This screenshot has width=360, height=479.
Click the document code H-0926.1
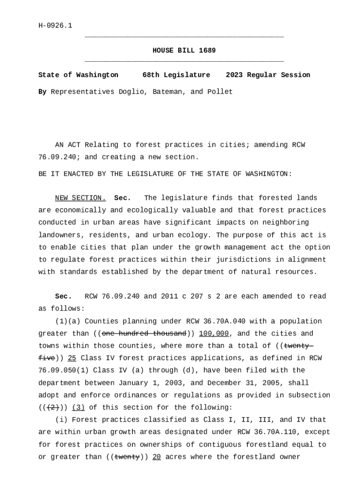tap(55, 26)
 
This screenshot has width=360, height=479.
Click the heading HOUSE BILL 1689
tap(184, 51)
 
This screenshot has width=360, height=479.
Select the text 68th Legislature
tap(176, 75)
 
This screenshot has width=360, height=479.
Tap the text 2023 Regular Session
tap(267, 75)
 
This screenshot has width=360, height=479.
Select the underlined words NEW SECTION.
tap(80, 198)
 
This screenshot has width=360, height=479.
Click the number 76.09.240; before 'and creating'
tap(57, 157)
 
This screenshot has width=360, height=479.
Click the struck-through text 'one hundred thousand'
tap(144, 334)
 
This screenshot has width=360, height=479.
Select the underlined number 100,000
tap(214, 334)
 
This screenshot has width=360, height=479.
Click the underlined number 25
tap(72, 358)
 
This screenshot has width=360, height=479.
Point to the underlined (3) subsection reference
tap(78, 407)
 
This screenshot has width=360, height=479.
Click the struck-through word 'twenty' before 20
tap(127, 457)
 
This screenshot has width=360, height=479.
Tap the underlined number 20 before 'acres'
tap(157, 457)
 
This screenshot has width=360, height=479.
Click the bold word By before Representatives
tap(42, 92)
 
